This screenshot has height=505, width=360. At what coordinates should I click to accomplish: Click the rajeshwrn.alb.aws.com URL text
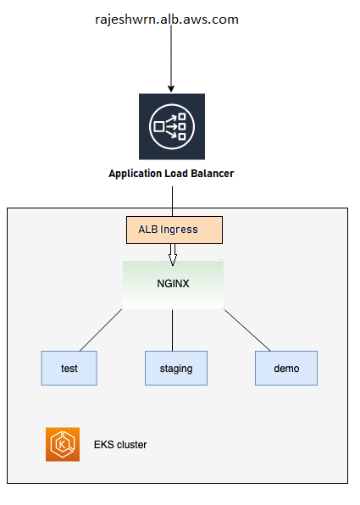[x=167, y=20]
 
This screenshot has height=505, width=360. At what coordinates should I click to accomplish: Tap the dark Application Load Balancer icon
[x=172, y=126]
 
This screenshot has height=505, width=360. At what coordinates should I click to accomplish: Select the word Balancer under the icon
[x=213, y=174]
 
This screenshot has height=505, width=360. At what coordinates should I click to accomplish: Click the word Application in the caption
[x=136, y=174]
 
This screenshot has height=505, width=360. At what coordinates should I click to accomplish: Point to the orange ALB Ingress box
[x=174, y=230]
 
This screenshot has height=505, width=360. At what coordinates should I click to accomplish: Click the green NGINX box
[x=174, y=285]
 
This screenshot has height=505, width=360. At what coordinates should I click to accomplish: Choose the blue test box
[x=69, y=368]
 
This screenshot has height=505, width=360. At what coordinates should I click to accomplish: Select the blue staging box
[x=176, y=368]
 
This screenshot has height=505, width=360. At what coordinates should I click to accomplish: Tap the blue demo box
[x=286, y=368]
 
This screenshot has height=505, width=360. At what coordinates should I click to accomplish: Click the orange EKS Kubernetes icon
[x=63, y=445]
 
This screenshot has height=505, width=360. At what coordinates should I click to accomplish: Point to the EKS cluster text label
[x=120, y=445]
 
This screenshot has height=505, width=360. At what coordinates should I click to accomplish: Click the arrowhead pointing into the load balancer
[x=171, y=89]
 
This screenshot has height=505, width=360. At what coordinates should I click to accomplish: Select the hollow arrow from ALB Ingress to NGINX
[x=173, y=255]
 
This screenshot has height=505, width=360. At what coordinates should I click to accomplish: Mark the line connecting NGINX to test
[x=101, y=330]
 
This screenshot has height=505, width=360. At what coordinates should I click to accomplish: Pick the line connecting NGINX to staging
[x=172, y=330]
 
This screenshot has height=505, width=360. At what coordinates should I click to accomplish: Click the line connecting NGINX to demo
[x=247, y=330]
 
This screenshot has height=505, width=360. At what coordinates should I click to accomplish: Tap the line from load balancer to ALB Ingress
[x=172, y=202]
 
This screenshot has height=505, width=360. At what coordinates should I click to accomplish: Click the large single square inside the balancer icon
[x=159, y=126]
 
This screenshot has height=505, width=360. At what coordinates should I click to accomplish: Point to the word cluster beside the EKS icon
[x=131, y=445]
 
